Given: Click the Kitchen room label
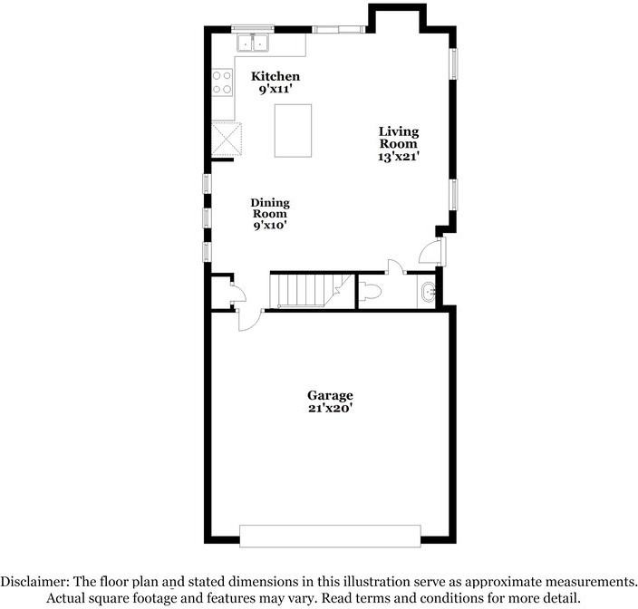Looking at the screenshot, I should [275, 76].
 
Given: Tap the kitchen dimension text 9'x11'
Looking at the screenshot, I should [275, 90].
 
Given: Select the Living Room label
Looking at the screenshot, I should [398, 138].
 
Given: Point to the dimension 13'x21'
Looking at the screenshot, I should [399, 156].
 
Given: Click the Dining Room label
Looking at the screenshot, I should [269, 208].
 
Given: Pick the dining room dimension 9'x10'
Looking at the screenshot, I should [270, 226].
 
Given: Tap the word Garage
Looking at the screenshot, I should [330, 395].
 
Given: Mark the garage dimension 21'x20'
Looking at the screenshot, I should [330, 409].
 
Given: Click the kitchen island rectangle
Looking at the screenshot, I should [293, 130].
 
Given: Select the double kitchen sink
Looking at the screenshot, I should [254, 42].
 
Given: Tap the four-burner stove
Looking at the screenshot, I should [222, 82].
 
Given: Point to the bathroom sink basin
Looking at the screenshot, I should [429, 292].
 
